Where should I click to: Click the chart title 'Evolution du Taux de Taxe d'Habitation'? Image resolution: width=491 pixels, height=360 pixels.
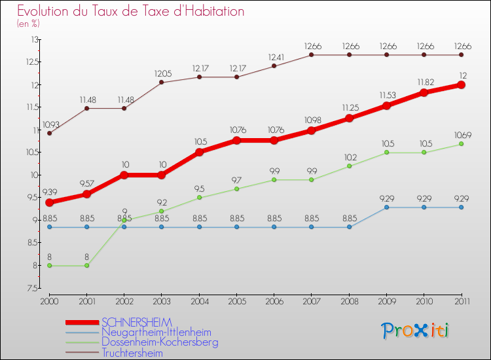(131, 11)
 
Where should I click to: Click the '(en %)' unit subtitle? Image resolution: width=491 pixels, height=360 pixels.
(28, 24)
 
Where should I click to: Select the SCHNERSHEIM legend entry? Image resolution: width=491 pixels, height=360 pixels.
(137, 323)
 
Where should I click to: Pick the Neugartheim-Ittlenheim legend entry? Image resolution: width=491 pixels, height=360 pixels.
(156, 333)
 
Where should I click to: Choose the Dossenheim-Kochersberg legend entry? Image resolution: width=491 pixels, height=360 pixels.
(160, 342)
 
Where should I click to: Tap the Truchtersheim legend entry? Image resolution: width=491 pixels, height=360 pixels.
(132, 352)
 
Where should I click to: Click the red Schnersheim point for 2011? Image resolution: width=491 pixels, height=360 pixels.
(461, 84)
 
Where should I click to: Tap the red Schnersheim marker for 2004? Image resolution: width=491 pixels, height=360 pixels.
(199, 152)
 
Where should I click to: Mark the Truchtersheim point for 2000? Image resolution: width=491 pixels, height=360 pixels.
(49, 133)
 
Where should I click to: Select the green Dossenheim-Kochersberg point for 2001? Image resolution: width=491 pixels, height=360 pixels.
(86, 265)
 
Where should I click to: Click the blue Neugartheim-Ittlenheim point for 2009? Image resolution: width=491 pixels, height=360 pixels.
(386, 207)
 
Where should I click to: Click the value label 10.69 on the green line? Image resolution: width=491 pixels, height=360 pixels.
(461, 135)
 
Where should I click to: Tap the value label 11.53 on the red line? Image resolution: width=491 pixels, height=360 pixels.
(386, 96)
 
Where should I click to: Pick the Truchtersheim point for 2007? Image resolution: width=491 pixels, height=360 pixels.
(312, 54)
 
